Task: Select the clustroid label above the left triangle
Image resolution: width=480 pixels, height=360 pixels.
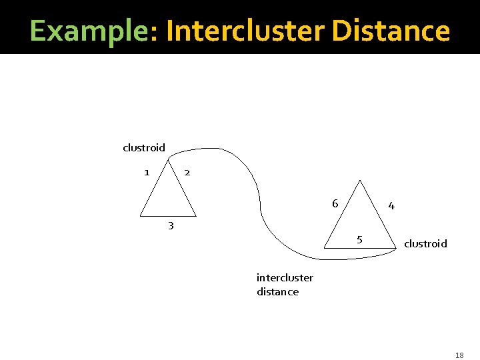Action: (144, 147)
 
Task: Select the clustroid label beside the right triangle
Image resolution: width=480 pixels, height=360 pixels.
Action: (425, 243)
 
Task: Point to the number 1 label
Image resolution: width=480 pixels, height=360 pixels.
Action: (146, 172)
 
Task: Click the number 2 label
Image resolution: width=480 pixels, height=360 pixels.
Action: (187, 172)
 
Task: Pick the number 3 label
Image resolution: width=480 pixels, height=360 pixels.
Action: (171, 225)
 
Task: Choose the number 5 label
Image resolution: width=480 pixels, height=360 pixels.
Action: (359, 239)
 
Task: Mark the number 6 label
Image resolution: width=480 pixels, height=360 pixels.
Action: (335, 203)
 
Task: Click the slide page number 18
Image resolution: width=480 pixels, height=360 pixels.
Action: (459, 355)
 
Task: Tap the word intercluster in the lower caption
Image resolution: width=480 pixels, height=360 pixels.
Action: (285, 277)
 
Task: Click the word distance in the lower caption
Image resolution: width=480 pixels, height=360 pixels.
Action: (277, 291)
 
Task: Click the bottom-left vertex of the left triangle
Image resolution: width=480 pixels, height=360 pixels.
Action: (140, 216)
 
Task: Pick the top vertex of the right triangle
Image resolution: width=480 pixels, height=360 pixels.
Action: (360, 180)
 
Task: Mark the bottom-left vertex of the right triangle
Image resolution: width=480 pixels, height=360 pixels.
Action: (323, 248)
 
